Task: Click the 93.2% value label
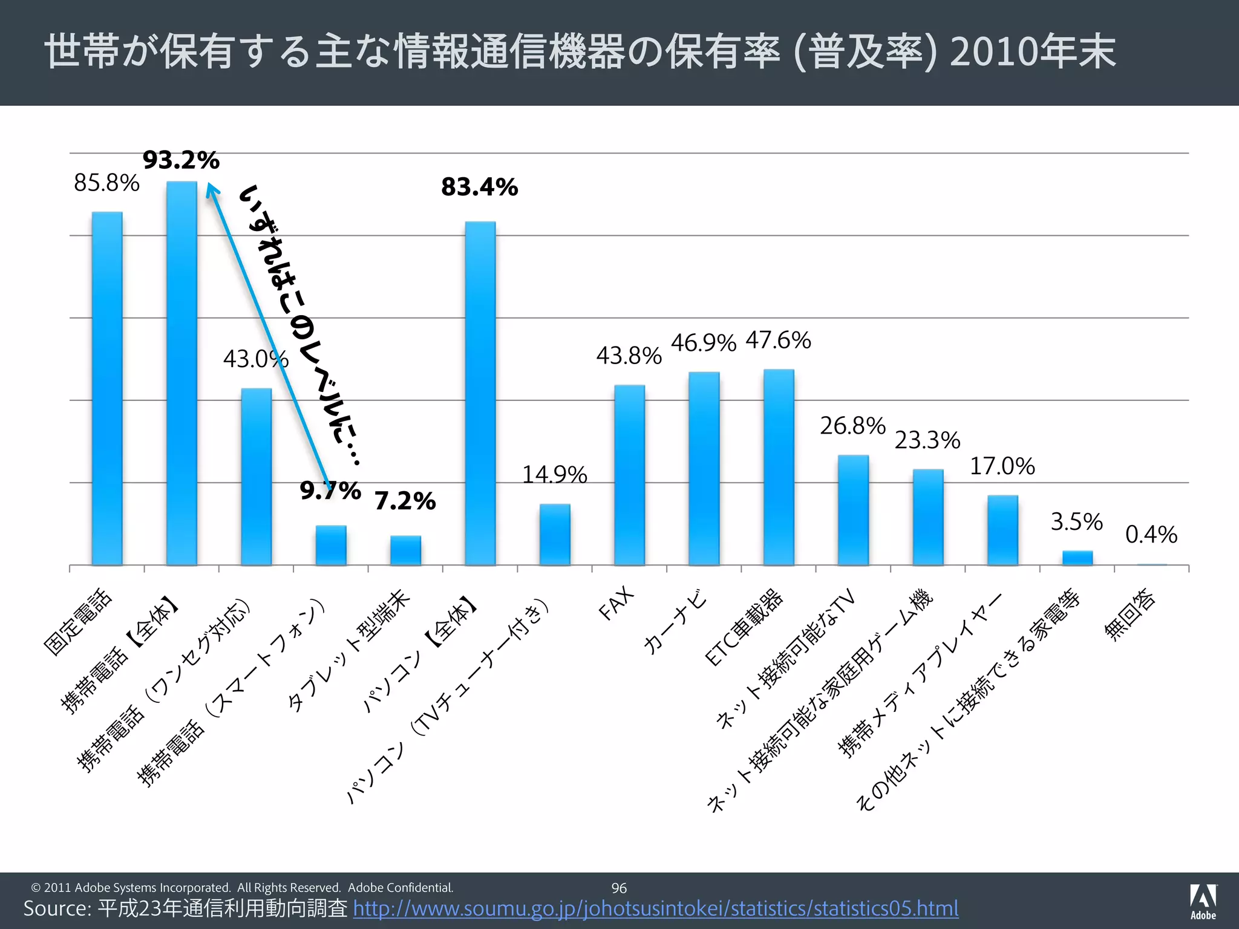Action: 181,160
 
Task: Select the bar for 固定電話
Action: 107,388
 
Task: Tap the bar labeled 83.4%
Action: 480,393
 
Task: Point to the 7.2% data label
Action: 405,501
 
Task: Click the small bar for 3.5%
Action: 1077,558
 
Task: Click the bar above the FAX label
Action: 629,475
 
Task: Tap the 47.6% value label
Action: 778,340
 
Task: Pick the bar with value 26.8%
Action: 853,510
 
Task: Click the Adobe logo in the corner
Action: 1203,901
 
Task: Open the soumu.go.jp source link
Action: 656,908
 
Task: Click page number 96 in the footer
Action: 619,888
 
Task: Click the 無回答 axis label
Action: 1129,614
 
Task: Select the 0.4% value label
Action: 1151,535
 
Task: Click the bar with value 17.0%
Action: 1002,530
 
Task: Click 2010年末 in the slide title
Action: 1032,52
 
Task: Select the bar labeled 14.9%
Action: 555,534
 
